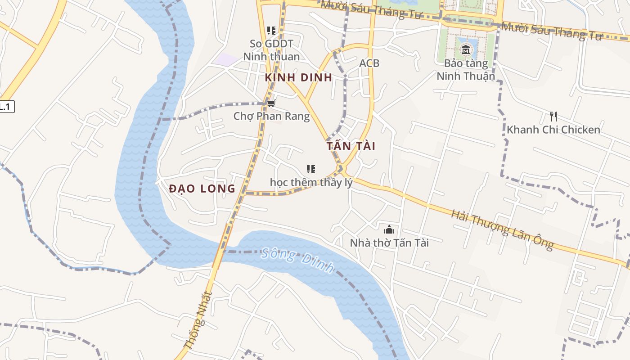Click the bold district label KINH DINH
[298, 77]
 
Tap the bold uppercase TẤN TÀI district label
[351, 146]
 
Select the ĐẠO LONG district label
[202, 189]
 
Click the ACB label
[369, 63]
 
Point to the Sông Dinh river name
[297, 261]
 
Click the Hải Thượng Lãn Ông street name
[502, 229]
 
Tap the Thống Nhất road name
[198, 320]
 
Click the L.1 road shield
[6, 107]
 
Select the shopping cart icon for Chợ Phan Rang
[271, 104]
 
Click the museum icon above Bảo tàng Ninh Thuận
[466, 49]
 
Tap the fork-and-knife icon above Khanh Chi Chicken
[553, 117]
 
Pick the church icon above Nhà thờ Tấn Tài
[389, 230]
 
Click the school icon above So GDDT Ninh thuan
[271, 31]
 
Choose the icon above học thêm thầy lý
[310, 169]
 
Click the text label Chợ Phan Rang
[271, 116]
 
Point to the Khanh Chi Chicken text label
[553, 130]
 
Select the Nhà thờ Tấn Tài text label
[389, 243]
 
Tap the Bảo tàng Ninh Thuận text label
[466, 69]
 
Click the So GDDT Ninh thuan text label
[271, 50]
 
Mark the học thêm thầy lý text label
[311, 182]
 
